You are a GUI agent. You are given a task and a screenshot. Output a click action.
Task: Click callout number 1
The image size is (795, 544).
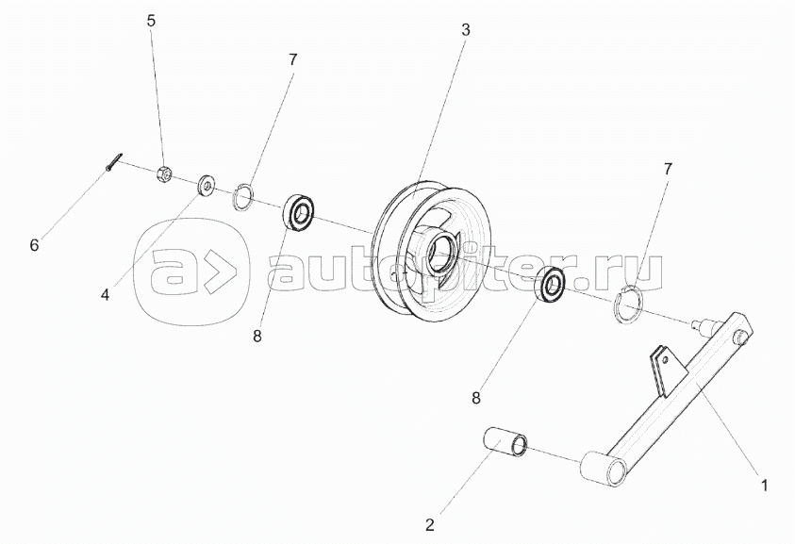pyautogui.click(x=765, y=486)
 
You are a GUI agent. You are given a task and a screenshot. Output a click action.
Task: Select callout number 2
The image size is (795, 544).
pyautogui.click(x=430, y=525)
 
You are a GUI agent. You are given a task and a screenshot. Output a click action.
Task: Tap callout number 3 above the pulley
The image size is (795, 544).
pyautogui.click(x=465, y=29)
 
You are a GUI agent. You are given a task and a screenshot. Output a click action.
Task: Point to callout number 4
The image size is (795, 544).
pyautogui.click(x=105, y=294)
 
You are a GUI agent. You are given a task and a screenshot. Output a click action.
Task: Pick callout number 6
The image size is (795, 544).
pyautogui.click(x=34, y=245)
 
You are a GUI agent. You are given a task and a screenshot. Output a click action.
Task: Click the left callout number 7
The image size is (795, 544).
pyautogui.click(x=292, y=58)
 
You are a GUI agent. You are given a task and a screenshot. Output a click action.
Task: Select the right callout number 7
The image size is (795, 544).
pyautogui.click(x=668, y=170)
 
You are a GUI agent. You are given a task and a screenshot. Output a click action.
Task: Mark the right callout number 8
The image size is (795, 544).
pyautogui.click(x=476, y=398)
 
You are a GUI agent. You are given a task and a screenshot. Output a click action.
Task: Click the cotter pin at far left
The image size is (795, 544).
pyautogui.click(x=113, y=163)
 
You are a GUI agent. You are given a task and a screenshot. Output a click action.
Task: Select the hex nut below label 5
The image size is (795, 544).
pyautogui.click(x=162, y=173)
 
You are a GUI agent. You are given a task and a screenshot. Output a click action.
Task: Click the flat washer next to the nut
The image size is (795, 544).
pyautogui.click(x=205, y=185)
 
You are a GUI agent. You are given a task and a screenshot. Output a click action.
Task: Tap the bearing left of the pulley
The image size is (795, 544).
pyautogui.click(x=300, y=212)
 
